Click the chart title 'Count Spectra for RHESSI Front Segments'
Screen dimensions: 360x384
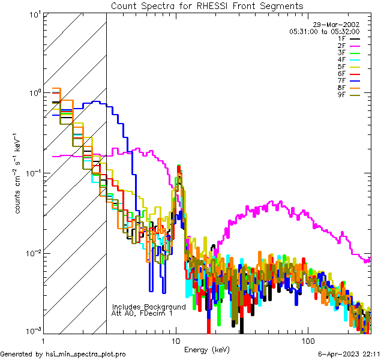click(207, 5)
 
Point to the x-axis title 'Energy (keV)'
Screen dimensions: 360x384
click(207, 349)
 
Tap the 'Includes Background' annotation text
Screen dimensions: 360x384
click(149, 307)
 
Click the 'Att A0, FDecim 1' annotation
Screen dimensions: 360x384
click(142, 313)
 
